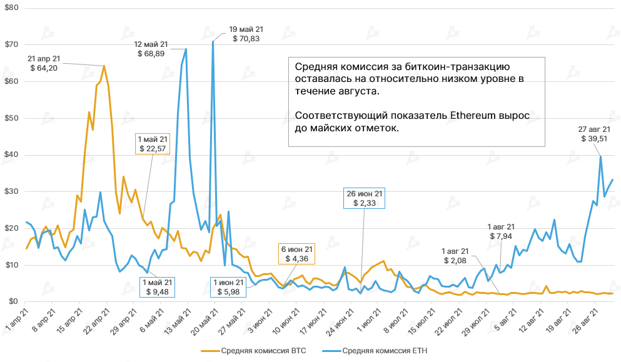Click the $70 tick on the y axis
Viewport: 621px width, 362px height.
click(x=11, y=45)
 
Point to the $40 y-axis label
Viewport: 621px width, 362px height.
click(x=11, y=155)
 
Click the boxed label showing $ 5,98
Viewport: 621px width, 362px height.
click(x=229, y=286)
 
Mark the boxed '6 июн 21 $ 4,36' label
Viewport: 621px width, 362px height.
click(x=296, y=254)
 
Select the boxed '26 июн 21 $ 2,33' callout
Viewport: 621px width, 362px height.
click(x=365, y=198)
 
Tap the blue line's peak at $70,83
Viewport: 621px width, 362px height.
click(x=213, y=41)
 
